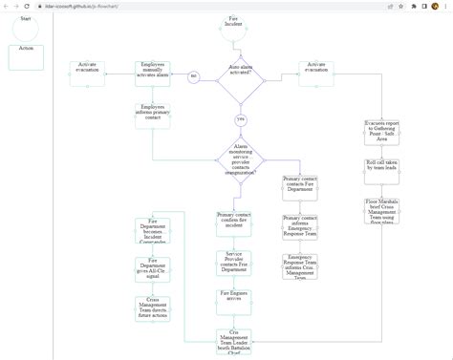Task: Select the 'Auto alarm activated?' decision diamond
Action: pos(240,76)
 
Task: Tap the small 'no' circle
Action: pos(193,75)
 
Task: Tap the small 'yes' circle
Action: pos(240,119)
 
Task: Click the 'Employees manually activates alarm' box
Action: pos(153,74)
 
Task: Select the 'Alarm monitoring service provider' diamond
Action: pos(240,158)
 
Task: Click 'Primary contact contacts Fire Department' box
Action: pos(300,187)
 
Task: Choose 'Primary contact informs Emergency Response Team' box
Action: pos(300,226)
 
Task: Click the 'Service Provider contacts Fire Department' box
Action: pos(233,263)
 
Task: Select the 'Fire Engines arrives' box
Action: pos(233,298)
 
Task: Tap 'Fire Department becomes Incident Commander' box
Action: pos(153,232)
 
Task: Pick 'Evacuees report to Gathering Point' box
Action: pos(382,132)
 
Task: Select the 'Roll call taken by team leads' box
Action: pos(382,168)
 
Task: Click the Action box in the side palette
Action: pos(26,56)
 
